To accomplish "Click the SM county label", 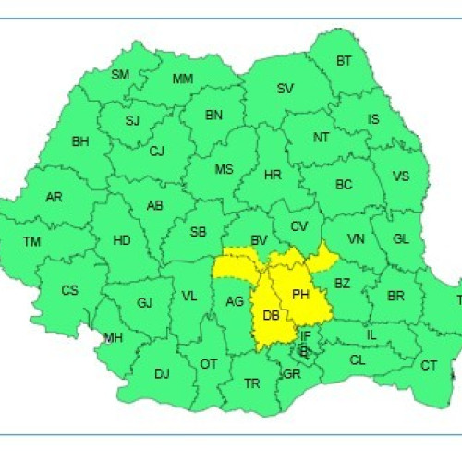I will coord(120,75).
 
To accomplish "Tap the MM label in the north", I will coord(183,79).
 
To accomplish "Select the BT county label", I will coord(344,61).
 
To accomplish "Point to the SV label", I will coord(286,89).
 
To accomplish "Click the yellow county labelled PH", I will coord(300,294).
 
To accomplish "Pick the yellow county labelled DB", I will coord(272,316).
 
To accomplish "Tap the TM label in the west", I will coord(32,242).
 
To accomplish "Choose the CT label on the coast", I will coord(429,366).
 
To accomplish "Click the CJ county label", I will coord(156,151).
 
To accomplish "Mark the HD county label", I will coord(121,240).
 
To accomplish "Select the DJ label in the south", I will coord(162,373).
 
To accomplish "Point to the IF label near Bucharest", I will coord(305,334).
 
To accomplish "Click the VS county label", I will coord(401,176).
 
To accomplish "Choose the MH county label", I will coord(113,338).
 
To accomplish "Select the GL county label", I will coord(400,238).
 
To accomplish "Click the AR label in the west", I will coord(55,197).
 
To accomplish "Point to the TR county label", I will coord(252,383).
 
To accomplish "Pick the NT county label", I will coord(321,137).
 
